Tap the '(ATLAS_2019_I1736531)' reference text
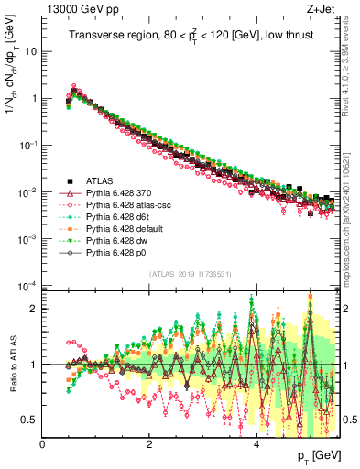click(x=190, y=274)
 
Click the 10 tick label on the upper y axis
click(x=30, y=51)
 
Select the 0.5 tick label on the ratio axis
click(x=29, y=420)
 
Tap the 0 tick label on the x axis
click(x=42, y=444)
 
